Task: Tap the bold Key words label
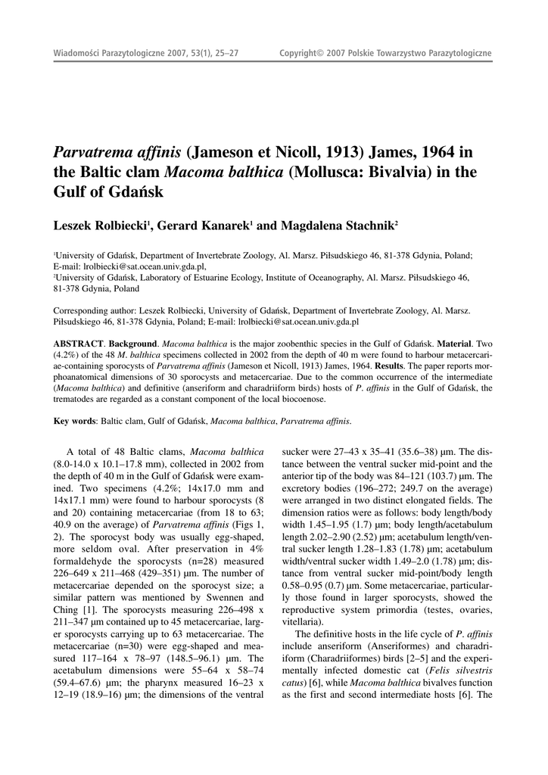click(x=75, y=421)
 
